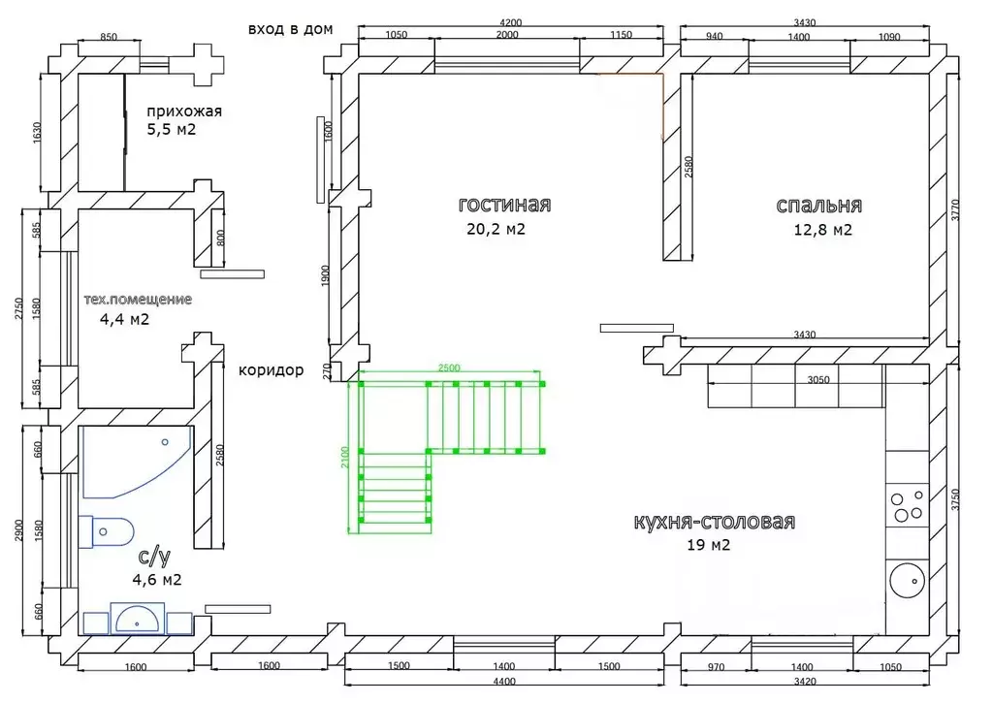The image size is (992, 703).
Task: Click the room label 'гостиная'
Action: [504, 205]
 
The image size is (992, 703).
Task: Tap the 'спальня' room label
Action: [818, 206]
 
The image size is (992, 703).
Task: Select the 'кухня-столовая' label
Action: [715, 522]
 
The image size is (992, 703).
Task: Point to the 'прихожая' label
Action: [184, 112]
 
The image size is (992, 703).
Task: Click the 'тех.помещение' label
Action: [138, 300]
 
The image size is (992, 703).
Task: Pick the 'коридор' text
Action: [271, 370]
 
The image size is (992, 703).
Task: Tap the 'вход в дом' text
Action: [290, 29]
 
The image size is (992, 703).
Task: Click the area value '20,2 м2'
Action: [496, 229]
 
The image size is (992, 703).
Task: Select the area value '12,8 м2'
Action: [822, 230]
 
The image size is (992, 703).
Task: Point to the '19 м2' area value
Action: [709, 545]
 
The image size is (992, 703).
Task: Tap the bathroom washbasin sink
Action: [138, 619]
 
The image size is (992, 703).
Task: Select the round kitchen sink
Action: [907, 580]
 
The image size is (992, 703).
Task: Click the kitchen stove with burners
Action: [908, 505]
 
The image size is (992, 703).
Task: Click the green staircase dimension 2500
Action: [449, 367]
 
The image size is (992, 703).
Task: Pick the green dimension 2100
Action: [345, 457]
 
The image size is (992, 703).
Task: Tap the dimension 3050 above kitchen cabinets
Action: [818, 380]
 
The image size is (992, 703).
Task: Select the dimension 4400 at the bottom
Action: [503, 682]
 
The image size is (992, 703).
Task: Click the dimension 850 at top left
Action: [109, 37]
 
